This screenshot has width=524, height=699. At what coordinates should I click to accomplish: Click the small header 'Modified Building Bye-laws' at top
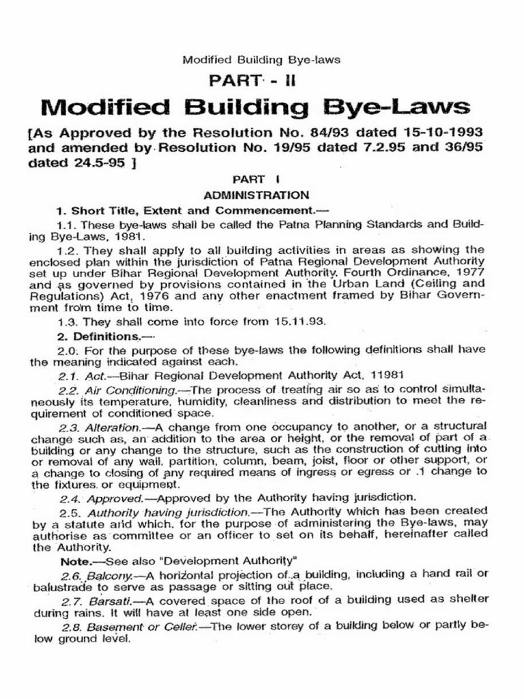[261, 59]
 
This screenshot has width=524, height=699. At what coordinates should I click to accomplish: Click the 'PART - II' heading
[261, 82]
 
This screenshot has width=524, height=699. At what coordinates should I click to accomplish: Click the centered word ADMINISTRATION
[261, 195]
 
